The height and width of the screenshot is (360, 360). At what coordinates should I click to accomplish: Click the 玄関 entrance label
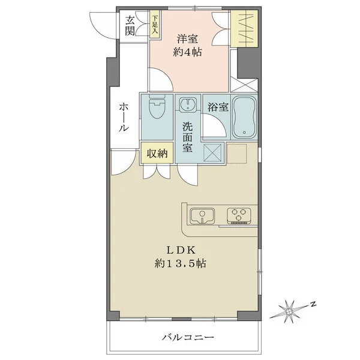tap(130, 25)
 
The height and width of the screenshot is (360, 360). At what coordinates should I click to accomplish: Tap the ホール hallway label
tap(123, 118)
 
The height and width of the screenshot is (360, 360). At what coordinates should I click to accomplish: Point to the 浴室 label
tap(217, 108)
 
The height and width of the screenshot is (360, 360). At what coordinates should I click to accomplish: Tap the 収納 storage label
tap(157, 154)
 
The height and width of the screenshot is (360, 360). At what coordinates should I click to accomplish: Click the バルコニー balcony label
tap(187, 338)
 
